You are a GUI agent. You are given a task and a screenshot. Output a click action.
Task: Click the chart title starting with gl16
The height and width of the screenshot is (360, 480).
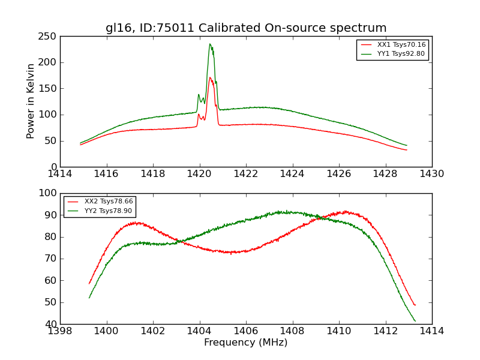(x=246, y=28)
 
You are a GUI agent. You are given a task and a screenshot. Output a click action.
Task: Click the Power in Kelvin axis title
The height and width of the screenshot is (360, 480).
(x=31, y=101)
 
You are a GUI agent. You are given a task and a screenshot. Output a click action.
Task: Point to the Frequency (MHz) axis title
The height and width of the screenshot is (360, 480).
(x=246, y=343)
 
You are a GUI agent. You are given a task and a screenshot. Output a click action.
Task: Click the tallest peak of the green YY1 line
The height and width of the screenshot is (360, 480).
(x=210, y=44)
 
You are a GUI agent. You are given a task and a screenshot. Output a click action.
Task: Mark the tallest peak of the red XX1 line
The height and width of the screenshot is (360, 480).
(x=210, y=77)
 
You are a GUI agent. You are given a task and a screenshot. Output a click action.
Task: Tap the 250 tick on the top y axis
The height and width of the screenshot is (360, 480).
(x=49, y=37)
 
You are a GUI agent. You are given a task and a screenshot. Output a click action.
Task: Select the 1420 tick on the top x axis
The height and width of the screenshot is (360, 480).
(x=200, y=173)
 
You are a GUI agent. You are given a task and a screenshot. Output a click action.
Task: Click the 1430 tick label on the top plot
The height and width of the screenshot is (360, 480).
(x=432, y=173)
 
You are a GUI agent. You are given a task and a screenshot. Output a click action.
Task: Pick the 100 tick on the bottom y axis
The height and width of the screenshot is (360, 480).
(x=49, y=193)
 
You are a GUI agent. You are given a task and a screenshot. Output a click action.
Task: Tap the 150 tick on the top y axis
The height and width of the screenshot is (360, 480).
(x=49, y=89)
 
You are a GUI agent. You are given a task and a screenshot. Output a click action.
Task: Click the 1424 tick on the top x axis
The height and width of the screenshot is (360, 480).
(x=293, y=173)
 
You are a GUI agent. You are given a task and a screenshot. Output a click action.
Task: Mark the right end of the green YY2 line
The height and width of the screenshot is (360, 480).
(x=415, y=321)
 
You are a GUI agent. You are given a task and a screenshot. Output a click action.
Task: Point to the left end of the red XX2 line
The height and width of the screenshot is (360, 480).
(x=89, y=284)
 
